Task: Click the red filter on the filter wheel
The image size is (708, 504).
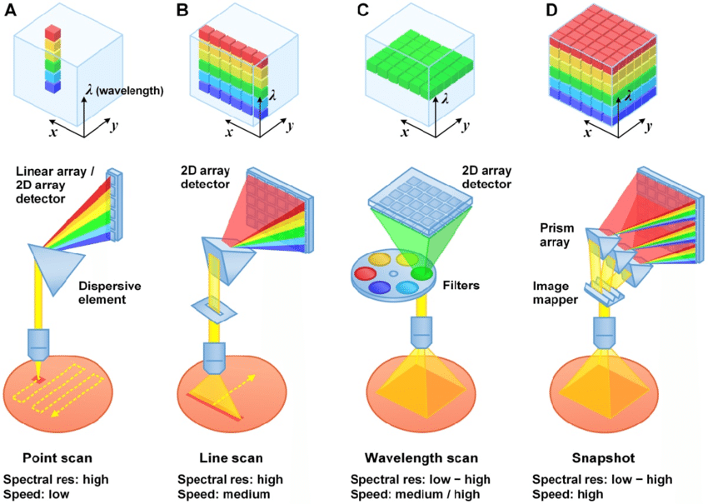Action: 366,273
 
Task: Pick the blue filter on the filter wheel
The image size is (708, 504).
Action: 380,288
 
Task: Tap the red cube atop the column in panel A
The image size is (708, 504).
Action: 52,32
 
